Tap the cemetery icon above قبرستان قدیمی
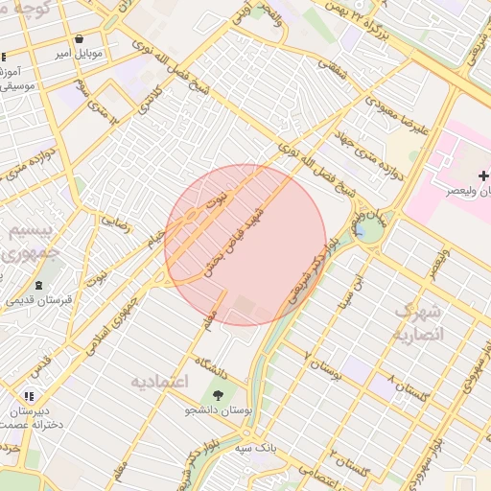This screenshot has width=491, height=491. pyautogui.click(x=37, y=285)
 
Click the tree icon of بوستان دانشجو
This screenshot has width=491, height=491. pyautogui.click(x=220, y=394)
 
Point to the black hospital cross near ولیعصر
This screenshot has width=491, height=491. pyautogui.click(x=483, y=175)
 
